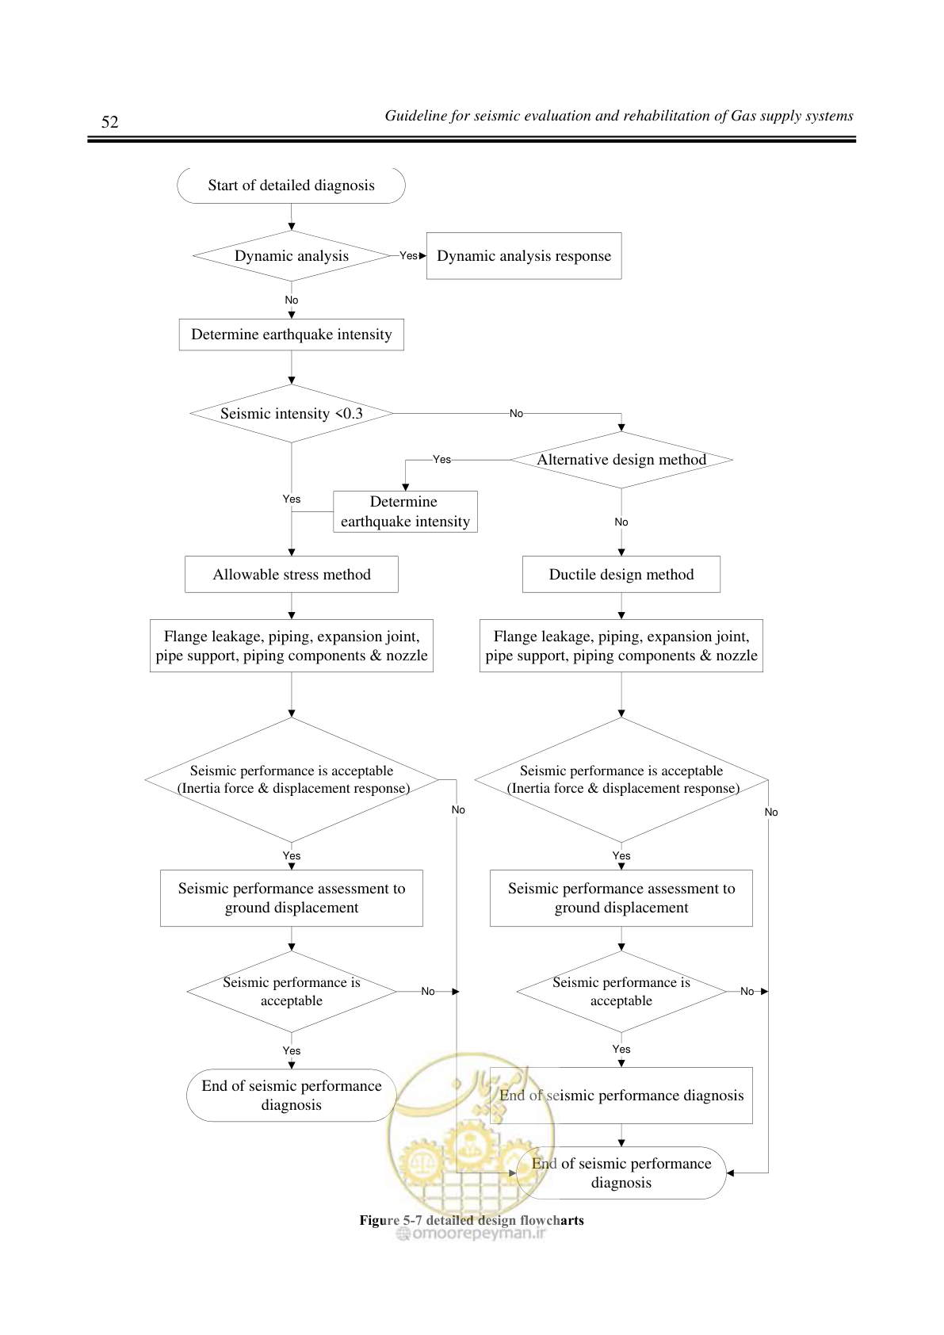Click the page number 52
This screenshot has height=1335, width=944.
coord(109,122)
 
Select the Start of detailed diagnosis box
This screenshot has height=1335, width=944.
coord(292,186)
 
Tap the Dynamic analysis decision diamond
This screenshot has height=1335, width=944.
coord(292,256)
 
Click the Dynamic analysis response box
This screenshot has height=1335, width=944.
coord(524,256)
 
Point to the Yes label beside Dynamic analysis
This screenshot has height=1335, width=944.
coord(408,256)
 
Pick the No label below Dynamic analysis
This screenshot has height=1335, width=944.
coord(292,300)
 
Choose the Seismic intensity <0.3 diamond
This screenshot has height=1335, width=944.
coord(292,414)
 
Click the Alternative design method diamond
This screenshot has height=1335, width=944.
coord(621,460)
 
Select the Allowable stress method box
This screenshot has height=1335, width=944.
coord(292,575)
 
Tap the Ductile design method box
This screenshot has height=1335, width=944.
coord(621,575)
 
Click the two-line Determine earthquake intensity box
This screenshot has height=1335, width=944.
coord(405,511)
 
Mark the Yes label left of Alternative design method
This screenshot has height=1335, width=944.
coord(441,460)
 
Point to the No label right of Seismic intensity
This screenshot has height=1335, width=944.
coord(516,414)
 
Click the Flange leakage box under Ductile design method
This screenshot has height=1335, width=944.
coord(621,646)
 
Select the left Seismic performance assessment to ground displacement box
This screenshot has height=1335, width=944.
coord(292,898)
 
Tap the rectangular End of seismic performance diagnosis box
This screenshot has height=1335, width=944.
coord(621,1096)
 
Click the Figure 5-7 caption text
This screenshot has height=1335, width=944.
coord(472,1220)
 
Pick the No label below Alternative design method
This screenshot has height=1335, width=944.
coord(621,522)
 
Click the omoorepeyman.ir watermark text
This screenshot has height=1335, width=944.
coord(472,1233)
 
